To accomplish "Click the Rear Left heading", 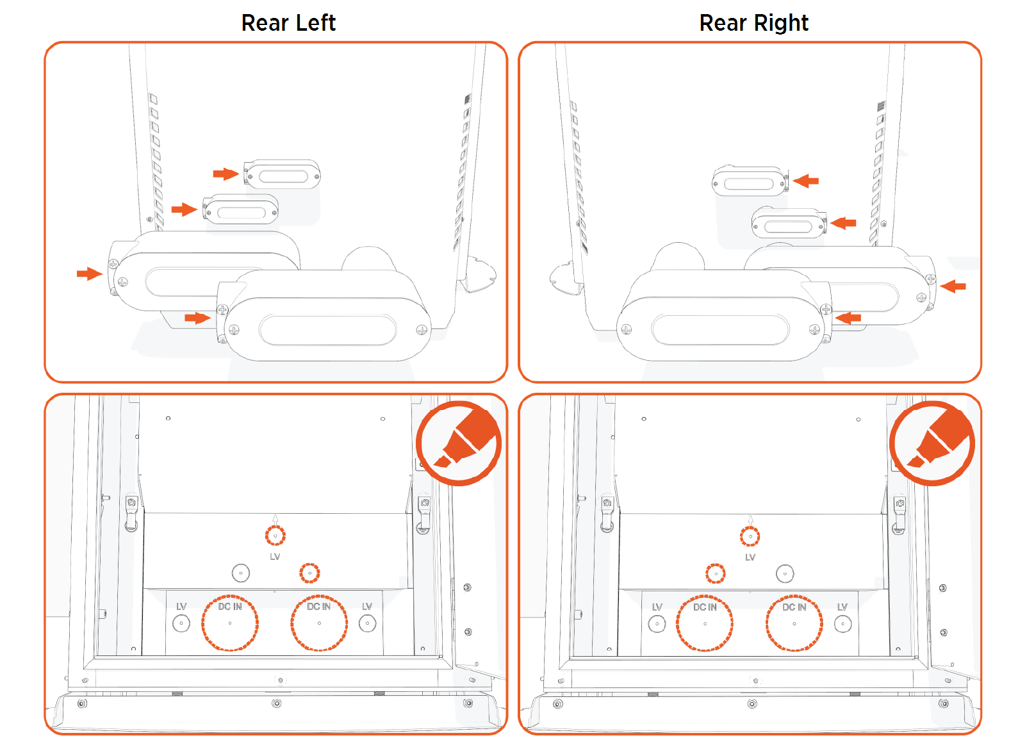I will (288, 23).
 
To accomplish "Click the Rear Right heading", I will (753, 23).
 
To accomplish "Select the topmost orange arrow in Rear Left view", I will (226, 174).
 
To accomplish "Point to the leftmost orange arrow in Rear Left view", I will (89, 274).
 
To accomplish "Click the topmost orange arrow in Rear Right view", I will (806, 181).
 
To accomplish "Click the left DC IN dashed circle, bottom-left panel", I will (230, 623).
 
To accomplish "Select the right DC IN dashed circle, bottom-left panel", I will (319, 623).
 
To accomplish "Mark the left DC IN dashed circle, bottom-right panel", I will (705, 623).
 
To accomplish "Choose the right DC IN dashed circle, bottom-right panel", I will (794, 623).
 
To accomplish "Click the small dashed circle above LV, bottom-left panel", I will (275, 535).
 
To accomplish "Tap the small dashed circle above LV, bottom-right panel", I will (750, 536).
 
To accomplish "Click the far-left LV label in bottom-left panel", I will (181, 606).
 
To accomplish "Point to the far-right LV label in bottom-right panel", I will (842, 607).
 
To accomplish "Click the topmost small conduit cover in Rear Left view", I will (283, 175).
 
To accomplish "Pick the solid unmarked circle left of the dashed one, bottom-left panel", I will (241, 573).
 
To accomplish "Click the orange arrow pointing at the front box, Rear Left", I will (197, 318).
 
